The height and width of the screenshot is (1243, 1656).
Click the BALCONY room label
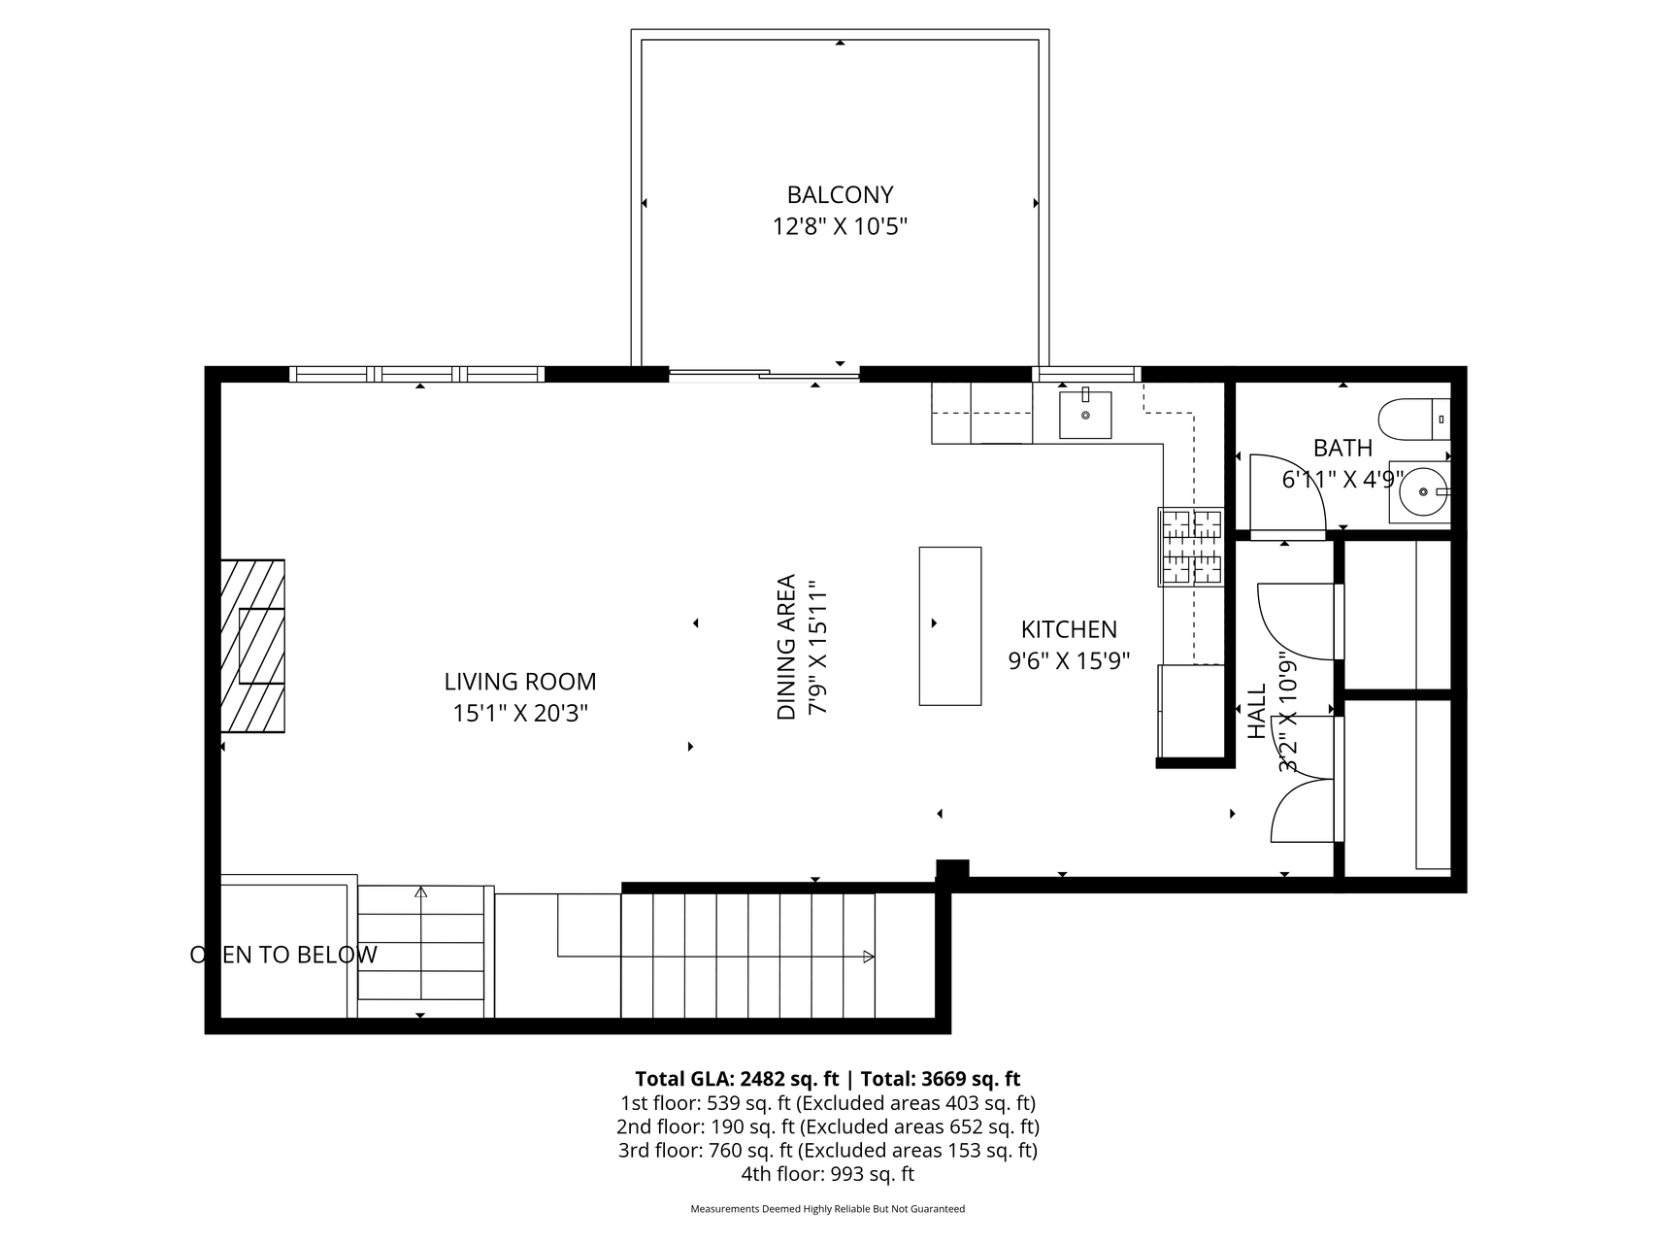[x=840, y=195]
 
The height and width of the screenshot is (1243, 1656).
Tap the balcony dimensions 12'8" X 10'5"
[x=840, y=227]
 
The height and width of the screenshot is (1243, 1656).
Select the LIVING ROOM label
[x=520, y=682]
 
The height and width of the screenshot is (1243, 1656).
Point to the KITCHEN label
[x=1069, y=629]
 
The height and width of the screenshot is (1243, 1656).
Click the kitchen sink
[x=1085, y=413]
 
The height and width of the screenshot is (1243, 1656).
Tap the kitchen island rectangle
[x=950, y=625]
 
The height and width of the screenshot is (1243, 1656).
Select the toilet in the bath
[x=1414, y=420]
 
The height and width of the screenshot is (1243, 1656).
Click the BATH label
[x=1342, y=448]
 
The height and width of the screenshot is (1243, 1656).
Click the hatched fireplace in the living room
[x=252, y=646]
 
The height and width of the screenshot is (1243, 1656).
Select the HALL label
[x=1257, y=711]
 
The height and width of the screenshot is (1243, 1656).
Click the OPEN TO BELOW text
[x=283, y=955]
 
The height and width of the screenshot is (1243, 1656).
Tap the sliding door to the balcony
[x=765, y=374]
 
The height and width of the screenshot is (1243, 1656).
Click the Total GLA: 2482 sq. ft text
[x=737, y=1079]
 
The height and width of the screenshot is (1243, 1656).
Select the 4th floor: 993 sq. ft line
[x=827, y=1174]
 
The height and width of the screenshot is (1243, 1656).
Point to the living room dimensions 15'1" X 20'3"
[x=520, y=714]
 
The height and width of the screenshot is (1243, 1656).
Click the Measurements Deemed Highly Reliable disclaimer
[x=827, y=1209]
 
